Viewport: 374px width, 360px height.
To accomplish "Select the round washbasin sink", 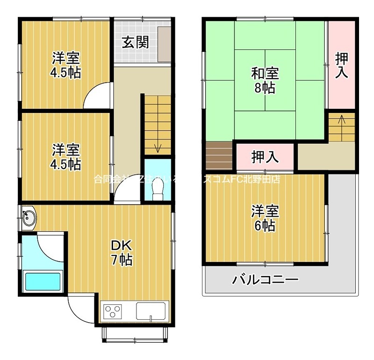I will (x=28, y=218).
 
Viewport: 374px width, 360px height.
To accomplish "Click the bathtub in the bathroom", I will (x=43, y=282).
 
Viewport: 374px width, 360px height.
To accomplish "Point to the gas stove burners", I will (x=113, y=310).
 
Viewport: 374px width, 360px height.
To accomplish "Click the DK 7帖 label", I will (x=122, y=252).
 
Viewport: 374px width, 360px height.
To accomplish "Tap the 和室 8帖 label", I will (x=265, y=80).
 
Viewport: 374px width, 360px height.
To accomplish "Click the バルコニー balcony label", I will (x=265, y=280).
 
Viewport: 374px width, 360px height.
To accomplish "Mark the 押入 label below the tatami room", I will (x=265, y=157).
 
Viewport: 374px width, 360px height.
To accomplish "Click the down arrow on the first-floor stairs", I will (x=158, y=147).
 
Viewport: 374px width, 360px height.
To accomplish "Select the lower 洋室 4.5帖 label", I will (x=66, y=157).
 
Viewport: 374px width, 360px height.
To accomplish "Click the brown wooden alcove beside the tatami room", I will (x=219, y=155).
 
